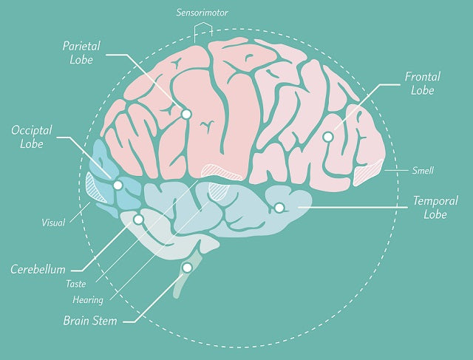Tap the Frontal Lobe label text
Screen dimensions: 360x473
point(423,84)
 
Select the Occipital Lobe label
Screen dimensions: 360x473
point(31,137)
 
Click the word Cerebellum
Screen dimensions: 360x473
point(38,269)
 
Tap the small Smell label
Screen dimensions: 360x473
point(423,171)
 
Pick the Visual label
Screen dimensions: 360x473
point(53,221)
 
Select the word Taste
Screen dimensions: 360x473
point(75,283)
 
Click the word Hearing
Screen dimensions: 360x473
point(87,299)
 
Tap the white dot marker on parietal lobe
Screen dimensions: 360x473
point(186,114)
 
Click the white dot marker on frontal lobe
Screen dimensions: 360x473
point(327,136)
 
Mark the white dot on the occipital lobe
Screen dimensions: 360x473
point(118,185)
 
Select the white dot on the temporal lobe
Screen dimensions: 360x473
point(279,208)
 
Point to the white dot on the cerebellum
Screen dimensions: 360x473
point(137,220)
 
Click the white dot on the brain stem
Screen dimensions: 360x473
point(187,267)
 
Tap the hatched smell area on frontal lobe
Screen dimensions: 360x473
point(367,173)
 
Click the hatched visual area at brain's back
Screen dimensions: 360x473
point(95,187)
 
